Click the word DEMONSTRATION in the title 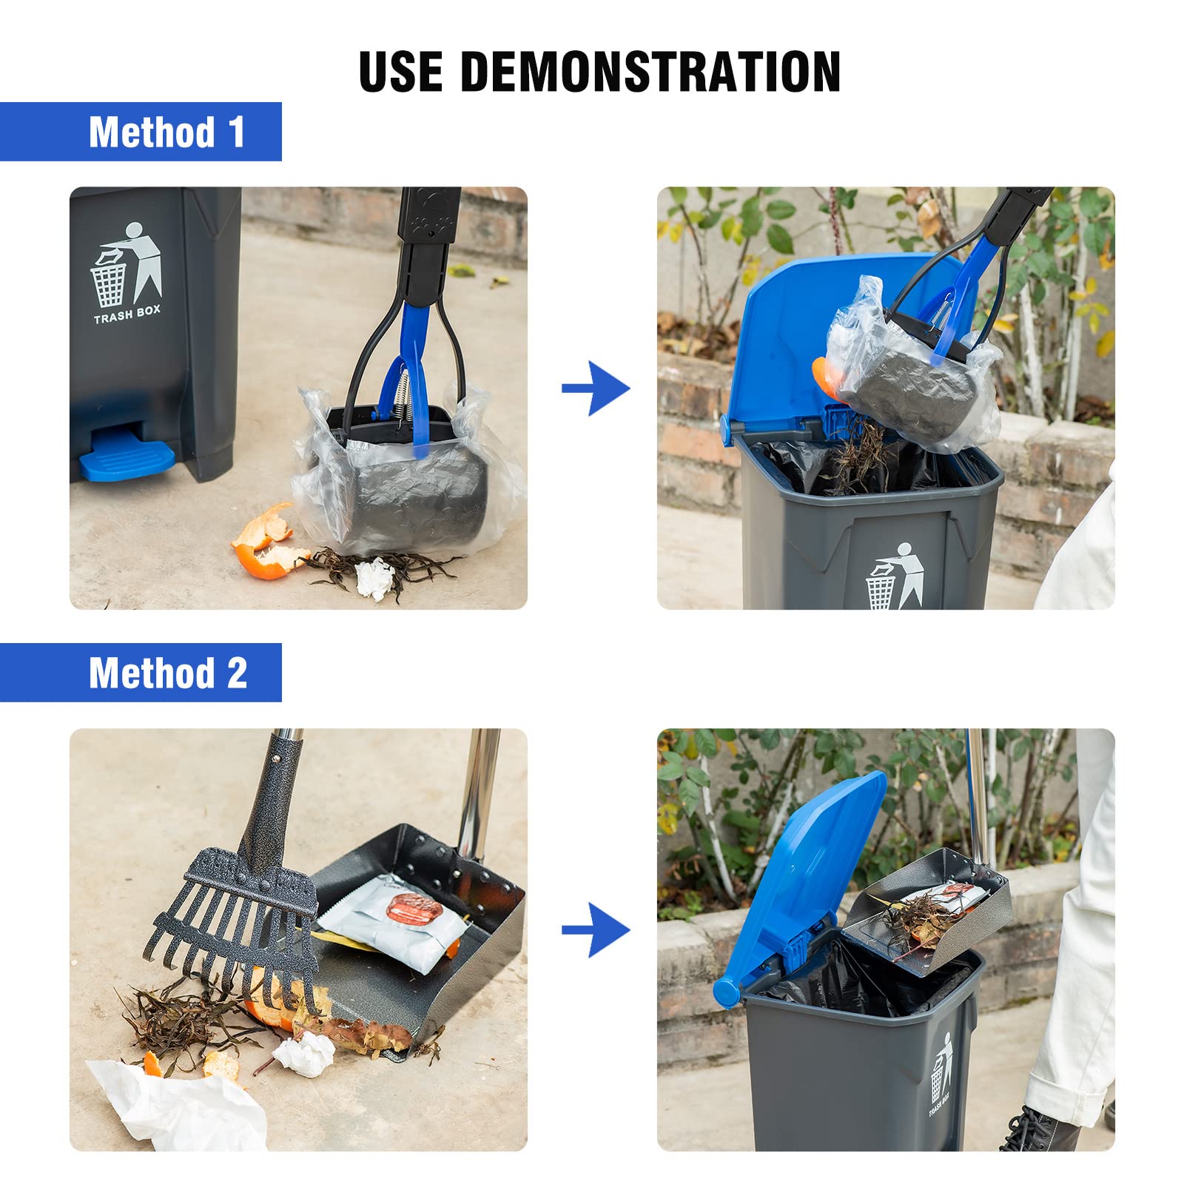point(650,72)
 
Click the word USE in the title point(401,72)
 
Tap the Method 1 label point(166,132)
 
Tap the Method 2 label point(168,673)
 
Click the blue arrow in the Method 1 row point(596,388)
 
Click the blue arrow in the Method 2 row point(596,929)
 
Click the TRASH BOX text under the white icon point(127,314)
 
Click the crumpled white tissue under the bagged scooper point(374,578)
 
